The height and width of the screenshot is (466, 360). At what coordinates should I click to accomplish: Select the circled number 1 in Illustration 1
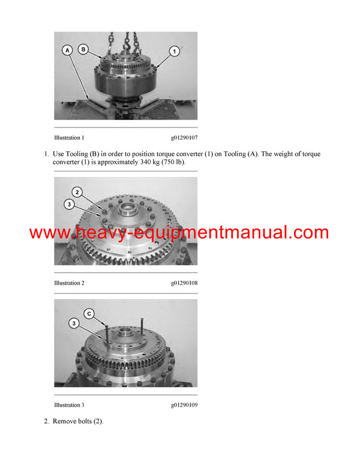point(173,51)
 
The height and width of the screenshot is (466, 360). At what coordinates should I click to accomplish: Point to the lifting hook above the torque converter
point(127,44)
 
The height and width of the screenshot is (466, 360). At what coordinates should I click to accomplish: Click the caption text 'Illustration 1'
point(69,138)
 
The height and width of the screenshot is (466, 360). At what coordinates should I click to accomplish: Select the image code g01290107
point(184,138)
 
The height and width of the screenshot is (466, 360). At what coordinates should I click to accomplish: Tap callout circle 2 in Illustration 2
point(77,192)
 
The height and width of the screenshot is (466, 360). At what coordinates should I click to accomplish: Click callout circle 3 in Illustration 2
point(70,205)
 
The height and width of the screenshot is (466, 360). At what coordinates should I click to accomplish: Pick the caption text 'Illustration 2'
point(69,283)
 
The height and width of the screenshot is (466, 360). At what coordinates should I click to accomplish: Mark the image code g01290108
point(184,283)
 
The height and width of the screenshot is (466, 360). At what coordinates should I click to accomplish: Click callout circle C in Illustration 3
point(89,313)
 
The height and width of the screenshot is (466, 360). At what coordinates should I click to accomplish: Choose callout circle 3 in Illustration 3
point(73,324)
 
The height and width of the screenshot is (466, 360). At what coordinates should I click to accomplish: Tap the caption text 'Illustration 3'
point(69,405)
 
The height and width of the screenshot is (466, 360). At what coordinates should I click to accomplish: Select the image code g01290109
point(184,405)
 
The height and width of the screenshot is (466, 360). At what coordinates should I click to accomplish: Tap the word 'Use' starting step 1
point(59,154)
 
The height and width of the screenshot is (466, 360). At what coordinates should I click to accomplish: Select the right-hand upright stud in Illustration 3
point(142,327)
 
